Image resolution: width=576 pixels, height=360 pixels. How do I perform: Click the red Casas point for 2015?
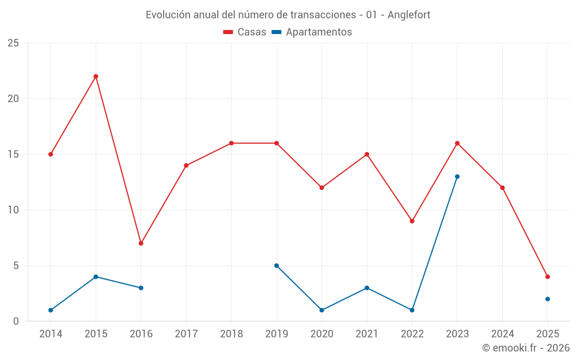pos(96,76)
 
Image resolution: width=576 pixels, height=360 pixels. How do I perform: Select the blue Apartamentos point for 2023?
pos(457,176)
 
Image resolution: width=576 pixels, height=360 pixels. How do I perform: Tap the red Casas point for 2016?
pos(141,243)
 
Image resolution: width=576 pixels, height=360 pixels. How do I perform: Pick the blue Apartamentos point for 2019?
pos(276,266)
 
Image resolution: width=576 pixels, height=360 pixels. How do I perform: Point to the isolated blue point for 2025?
pos(548,299)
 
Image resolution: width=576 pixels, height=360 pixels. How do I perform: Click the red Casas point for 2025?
pos(548,276)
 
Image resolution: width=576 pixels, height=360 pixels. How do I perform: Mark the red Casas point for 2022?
pos(412,221)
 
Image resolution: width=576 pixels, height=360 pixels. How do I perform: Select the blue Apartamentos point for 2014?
pos(51,310)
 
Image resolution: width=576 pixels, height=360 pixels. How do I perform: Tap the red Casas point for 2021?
pos(367,154)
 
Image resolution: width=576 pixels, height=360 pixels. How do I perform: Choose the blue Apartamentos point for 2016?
pos(141,287)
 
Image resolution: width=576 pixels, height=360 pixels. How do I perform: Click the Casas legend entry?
pos(245,32)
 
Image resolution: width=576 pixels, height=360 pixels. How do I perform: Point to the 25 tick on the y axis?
pos(13,43)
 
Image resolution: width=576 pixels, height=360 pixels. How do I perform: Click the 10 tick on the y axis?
pos(13,210)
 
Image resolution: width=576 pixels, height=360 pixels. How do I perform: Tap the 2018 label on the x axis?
pos(232,334)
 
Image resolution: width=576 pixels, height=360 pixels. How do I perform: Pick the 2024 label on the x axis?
pos(502,334)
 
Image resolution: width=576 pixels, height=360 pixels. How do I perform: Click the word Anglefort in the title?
pos(409,14)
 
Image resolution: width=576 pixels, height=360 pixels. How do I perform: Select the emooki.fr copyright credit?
pos(526,348)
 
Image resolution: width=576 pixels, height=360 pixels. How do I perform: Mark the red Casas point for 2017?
pos(186,165)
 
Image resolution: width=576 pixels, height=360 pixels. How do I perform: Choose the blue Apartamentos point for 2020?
pos(321,310)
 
